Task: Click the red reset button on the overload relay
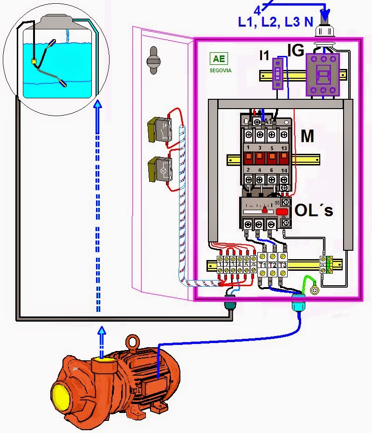[x=282, y=212]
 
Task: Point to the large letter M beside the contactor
[x=307, y=137]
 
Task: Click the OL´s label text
[x=314, y=210]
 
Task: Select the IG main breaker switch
[x=322, y=75]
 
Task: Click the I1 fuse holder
[x=278, y=73]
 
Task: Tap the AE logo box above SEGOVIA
[x=218, y=59]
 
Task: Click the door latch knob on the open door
[x=153, y=60]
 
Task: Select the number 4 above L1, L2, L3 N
[x=257, y=10]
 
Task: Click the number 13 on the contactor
[x=284, y=148]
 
